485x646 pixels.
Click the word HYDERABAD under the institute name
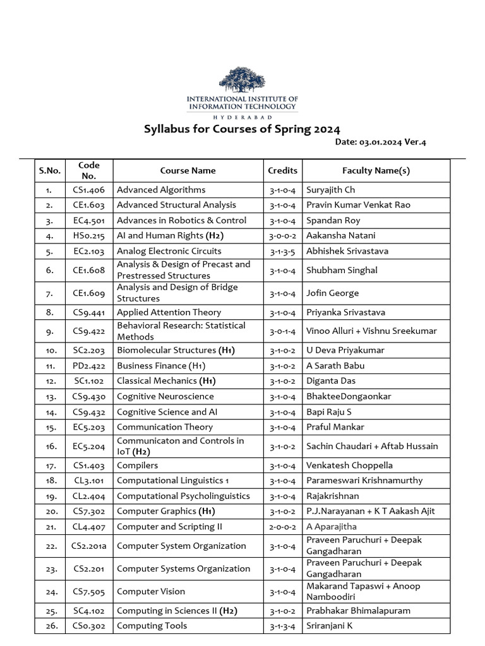(x=242, y=117)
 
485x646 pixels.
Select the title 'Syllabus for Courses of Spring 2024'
(x=242, y=129)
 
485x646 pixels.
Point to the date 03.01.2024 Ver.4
(x=381, y=143)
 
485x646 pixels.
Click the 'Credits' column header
(x=282, y=170)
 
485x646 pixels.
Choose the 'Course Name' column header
(x=188, y=170)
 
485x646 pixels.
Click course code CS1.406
(x=89, y=190)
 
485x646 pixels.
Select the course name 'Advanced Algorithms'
(x=161, y=190)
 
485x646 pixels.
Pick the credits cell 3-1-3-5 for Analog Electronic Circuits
(x=282, y=251)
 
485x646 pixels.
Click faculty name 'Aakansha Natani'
(x=340, y=236)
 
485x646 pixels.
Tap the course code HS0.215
(x=89, y=236)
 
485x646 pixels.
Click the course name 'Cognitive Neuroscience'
(x=165, y=397)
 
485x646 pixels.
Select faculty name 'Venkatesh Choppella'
(x=349, y=466)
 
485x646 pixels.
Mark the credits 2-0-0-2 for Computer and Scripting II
(x=282, y=527)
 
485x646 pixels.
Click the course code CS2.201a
(x=89, y=546)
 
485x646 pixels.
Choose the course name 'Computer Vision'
(x=151, y=592)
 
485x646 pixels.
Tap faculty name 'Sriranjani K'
(x=330, y=626)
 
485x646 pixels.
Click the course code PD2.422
(x=89, y=366)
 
